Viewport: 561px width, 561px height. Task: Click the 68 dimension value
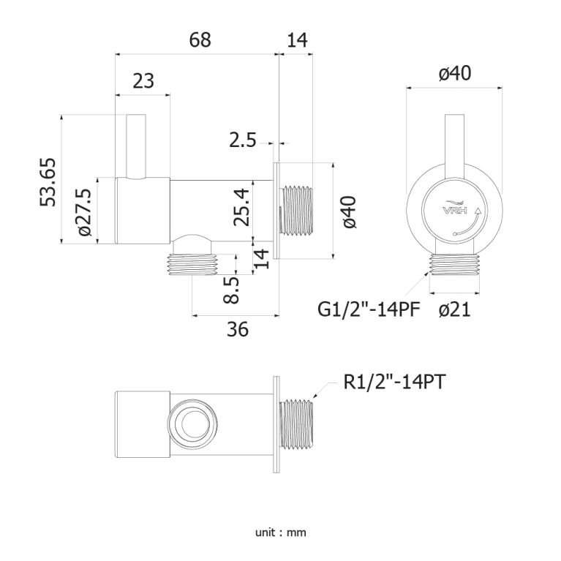point(200,40)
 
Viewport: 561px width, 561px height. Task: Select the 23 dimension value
point(143,80)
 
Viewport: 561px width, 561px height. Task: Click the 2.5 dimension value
point(241,140)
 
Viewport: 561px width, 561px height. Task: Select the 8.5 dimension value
point(232,289)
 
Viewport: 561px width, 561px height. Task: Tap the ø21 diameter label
point(454,310)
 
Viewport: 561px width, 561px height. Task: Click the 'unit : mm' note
point(280,532)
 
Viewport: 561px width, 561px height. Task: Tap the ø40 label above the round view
point(454,73)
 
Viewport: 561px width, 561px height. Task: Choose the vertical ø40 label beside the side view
point(350,211)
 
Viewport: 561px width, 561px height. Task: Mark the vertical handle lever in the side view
point(135,146)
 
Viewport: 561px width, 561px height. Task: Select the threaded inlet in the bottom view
point(298,423)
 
